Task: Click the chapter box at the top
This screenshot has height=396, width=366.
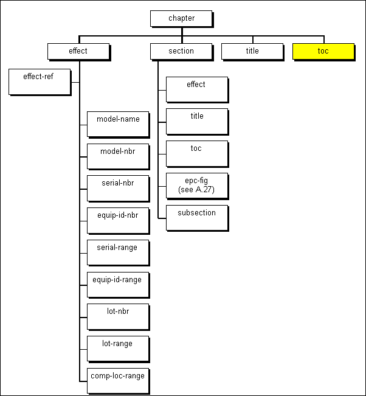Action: pyautogui.click(x=181, y=18)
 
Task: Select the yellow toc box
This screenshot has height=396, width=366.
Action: pyautogui.click(x=323, y=51)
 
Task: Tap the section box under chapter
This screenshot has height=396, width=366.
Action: pyautogui.click(x=181, y=51)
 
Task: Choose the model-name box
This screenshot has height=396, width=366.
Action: pyautogui.click(x=118, y=124)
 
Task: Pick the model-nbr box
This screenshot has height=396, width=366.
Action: pyautogui.click(x=118, y=156)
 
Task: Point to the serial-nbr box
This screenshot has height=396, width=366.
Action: pyautogui.click(x=118, y=188)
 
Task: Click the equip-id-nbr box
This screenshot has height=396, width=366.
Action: pyautogui.click(x=118, y=220)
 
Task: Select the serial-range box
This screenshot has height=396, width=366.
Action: pyautogui.click(x=118, y=252)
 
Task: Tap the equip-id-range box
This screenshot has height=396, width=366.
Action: pyautogui.click(x=118, y=285)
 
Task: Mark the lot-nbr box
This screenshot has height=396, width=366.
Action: pyautogui.click(x=118, y=316)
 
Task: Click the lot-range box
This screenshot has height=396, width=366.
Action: pyautogui.click(x=118, y=349)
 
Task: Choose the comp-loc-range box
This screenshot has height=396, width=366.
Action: pyautogui.click(x=118, y=381)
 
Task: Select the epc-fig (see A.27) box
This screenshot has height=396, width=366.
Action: pyautogui.click(x=196, y=185)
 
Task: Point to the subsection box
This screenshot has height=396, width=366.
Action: pyautogui.click(x=196, y=217)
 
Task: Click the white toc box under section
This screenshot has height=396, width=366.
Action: pyautogui.click(x=196, y=153)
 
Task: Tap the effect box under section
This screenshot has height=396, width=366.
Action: pyautogui.click(x=196, y=89)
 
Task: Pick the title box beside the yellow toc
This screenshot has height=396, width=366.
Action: pyautogui.click(x=252, y=51)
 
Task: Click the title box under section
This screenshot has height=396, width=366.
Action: pyautogui.click(x=196, y=121)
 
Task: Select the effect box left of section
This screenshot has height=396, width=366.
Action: pyautogui.click(x=78, y=51)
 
